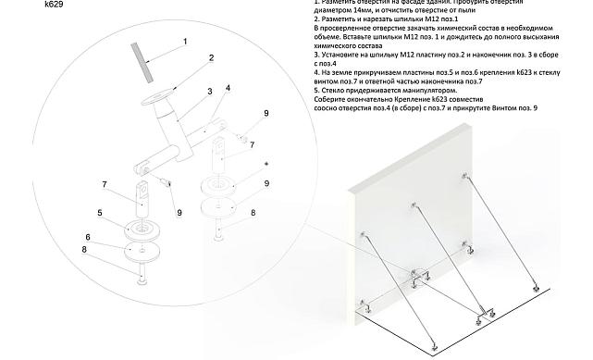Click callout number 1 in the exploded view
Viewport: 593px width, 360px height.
[x=184, y=41]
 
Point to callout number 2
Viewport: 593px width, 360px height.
[x=211, y=57]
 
